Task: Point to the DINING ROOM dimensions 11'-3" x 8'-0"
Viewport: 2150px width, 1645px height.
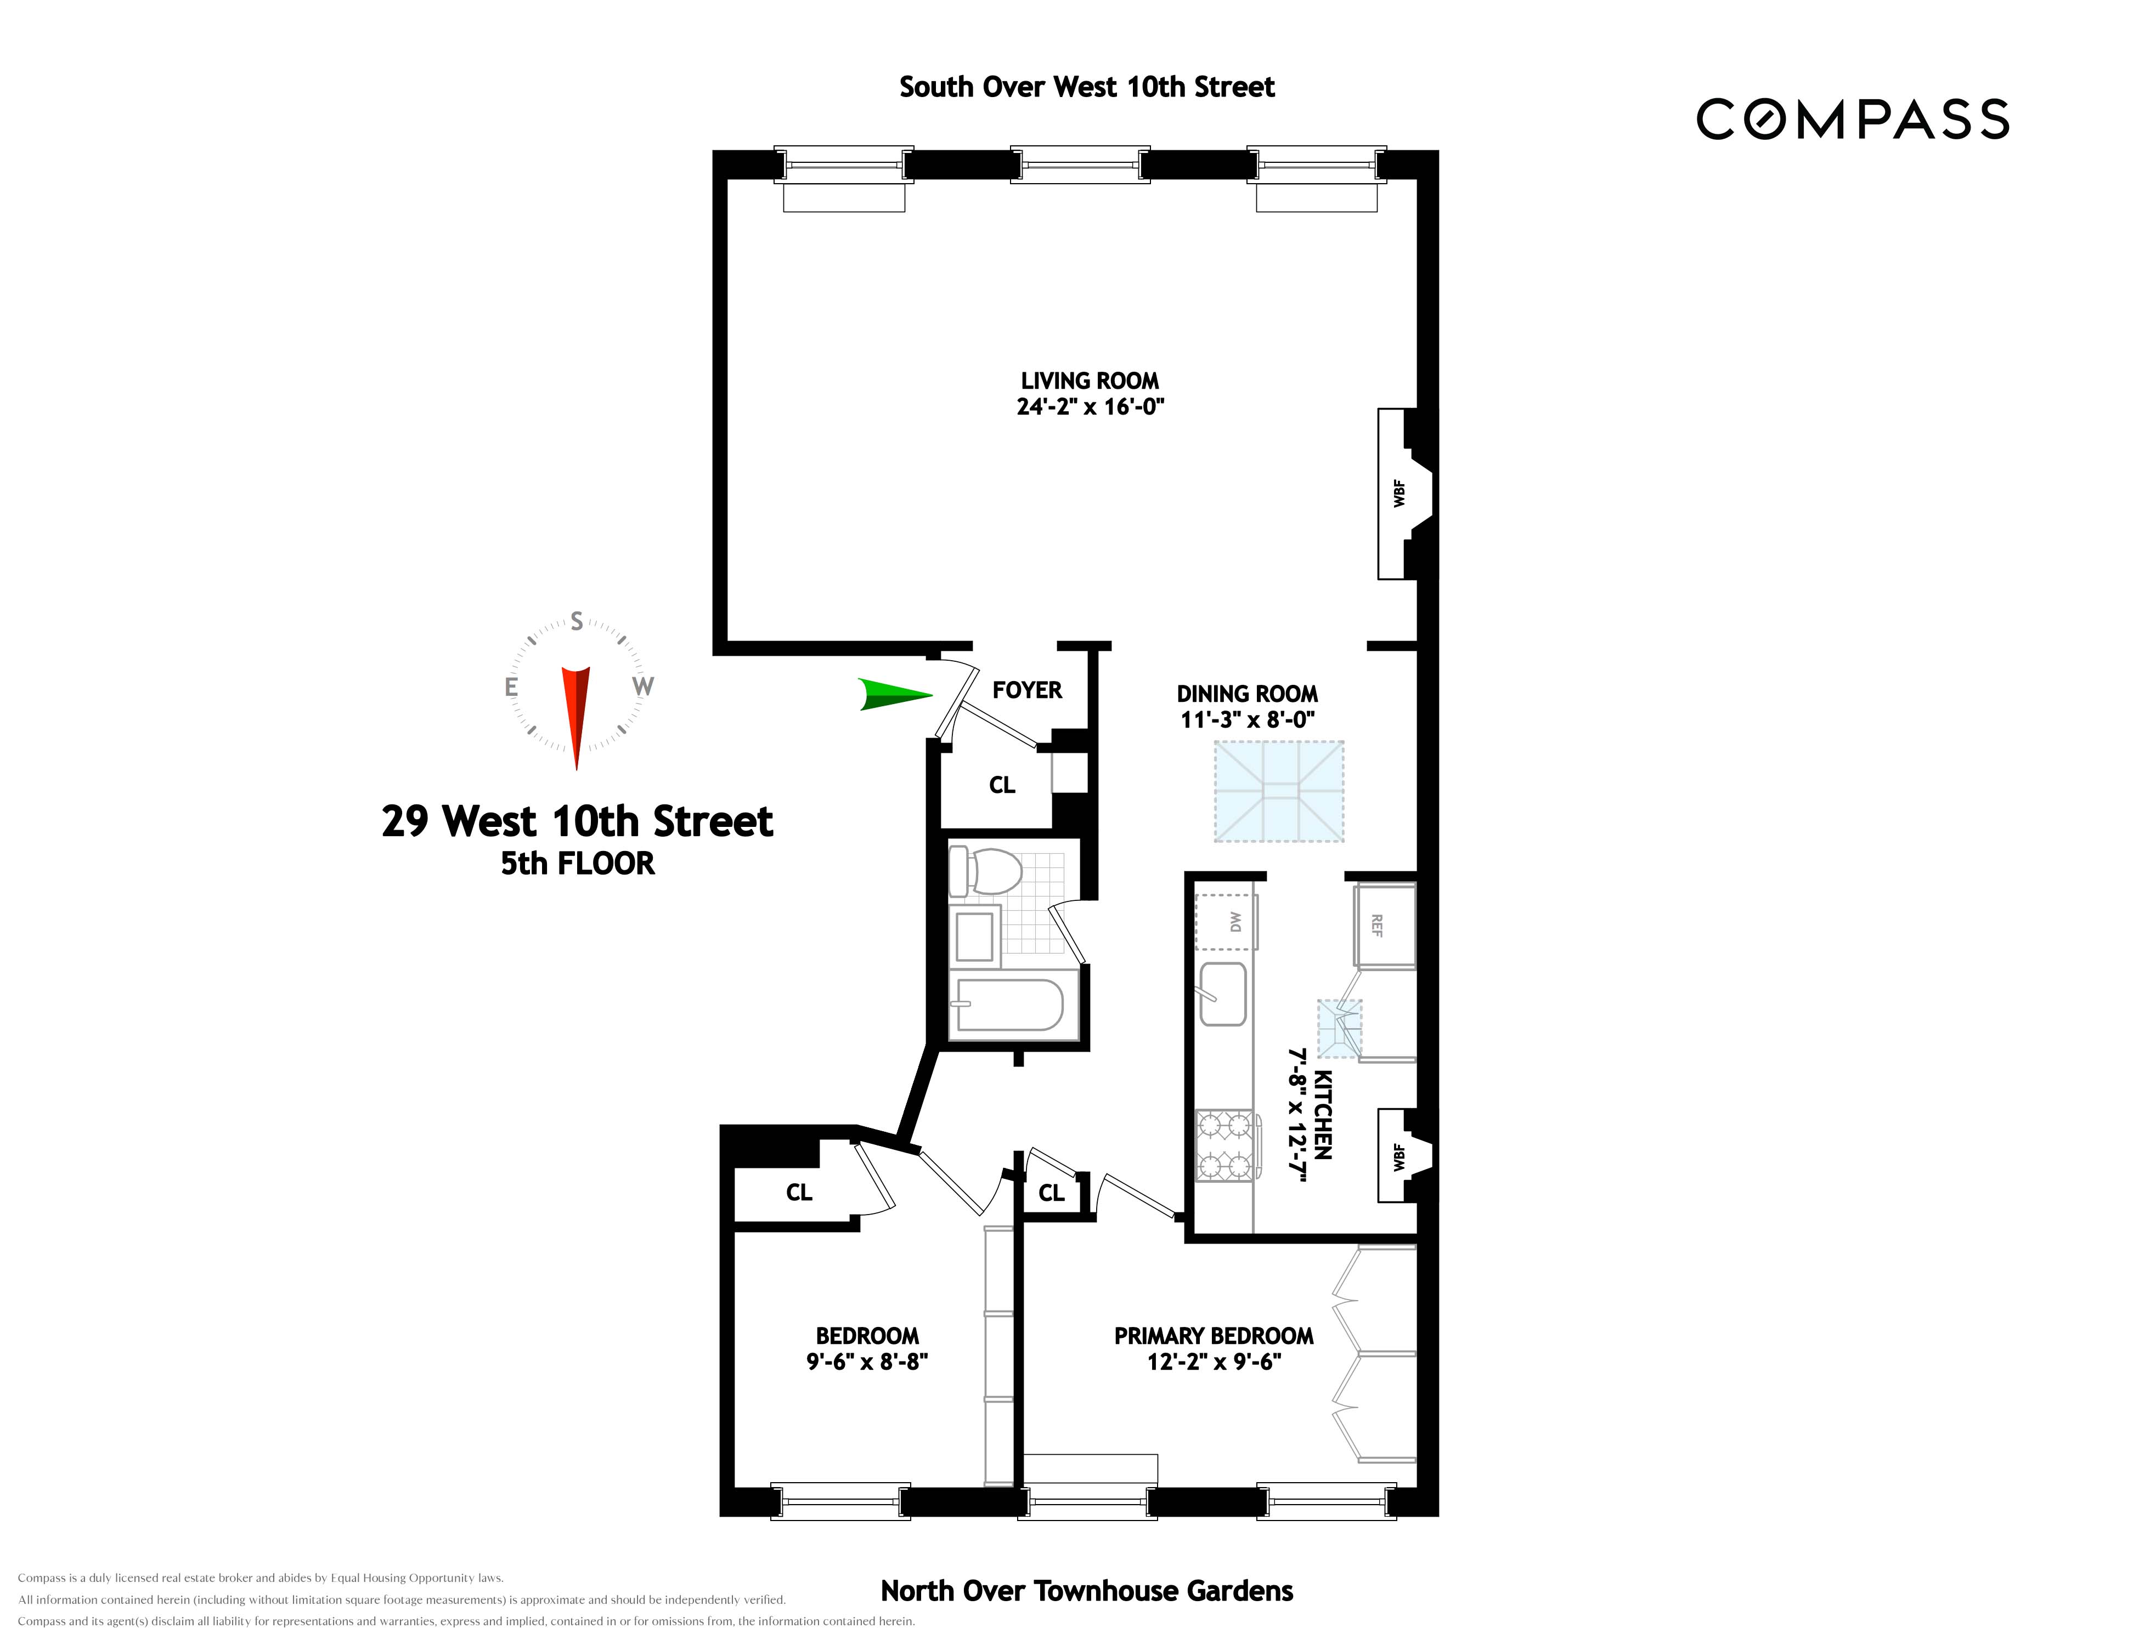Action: tap(1247, 719)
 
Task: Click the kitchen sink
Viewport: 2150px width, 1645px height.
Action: tap(1223, 994)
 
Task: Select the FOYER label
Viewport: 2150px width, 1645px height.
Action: tap(1026, 690)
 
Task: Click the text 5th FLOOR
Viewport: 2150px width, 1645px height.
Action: tap(577, 864)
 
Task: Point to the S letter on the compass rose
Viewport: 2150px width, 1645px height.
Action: tap(577, 622)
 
